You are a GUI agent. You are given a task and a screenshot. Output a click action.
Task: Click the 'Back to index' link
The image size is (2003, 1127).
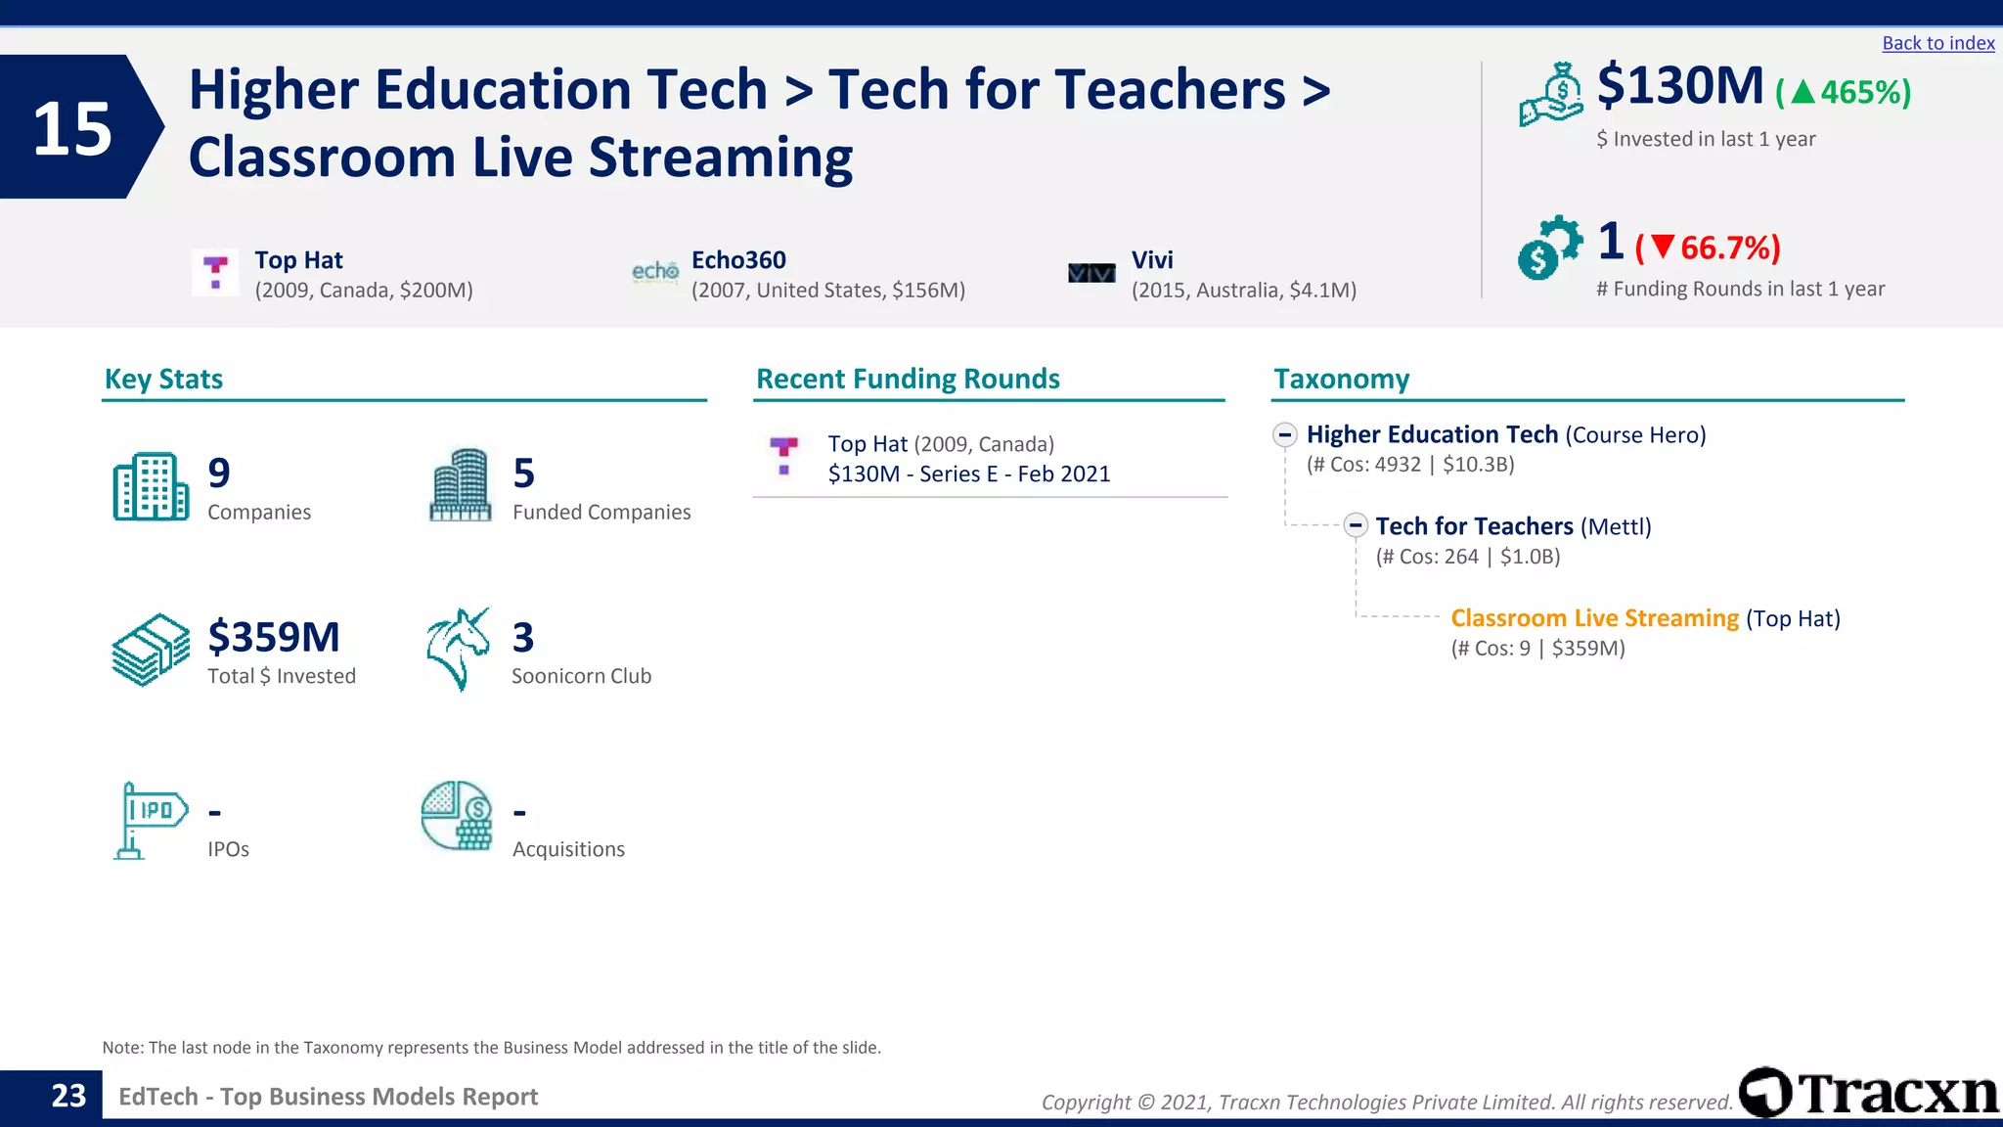[x=1937, y=43]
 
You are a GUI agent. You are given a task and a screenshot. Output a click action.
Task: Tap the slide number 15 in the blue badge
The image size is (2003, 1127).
[x=72, y=128]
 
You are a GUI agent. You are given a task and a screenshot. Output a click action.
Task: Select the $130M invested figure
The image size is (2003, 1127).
[x=1679, y=86]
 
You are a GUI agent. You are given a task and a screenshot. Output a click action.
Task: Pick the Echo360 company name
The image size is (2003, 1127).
[x=738, y=260]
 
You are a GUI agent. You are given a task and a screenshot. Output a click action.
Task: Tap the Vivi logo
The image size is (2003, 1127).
[x=1091, y=273]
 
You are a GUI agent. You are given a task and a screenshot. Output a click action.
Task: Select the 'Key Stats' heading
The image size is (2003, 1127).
[x=163, y=380]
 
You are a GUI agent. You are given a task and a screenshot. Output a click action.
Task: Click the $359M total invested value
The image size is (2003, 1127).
[x=274, y=638]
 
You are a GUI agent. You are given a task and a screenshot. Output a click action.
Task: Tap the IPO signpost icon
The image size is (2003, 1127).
[x=149, y=820]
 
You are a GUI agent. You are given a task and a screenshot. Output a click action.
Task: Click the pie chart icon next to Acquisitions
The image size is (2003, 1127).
[x=457, y=816]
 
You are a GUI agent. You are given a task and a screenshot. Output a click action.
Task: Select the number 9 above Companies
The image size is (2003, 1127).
[x=219, y=473]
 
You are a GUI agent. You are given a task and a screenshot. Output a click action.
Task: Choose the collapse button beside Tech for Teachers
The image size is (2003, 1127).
[x=1355, y=525]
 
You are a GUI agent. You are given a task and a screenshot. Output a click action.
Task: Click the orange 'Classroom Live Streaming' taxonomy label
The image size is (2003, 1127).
[x=1594, y=618]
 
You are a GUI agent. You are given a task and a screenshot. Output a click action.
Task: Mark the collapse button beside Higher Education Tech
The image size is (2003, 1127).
[x=1285, y=434]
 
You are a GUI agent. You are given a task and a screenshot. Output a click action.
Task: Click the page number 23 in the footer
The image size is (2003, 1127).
[x=68, y=1096]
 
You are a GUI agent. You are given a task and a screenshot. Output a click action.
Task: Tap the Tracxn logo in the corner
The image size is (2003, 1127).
[x=1868, y=1092]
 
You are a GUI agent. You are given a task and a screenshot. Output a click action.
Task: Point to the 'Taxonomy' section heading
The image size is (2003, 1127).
[x=1341, y=380]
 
